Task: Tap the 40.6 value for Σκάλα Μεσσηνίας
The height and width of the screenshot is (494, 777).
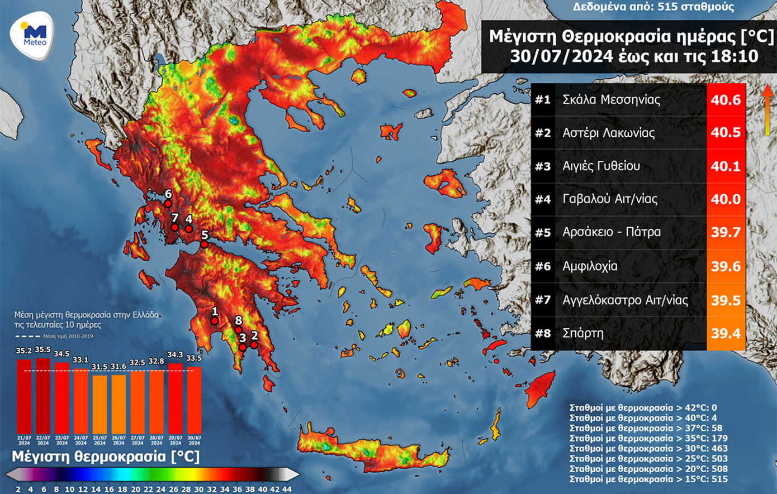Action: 726,100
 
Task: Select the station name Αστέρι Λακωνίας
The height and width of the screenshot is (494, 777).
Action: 608,133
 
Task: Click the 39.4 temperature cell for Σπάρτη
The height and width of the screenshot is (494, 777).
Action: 726,333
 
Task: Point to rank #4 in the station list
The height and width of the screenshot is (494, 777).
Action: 543,199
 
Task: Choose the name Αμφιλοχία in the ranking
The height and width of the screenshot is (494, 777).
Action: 590,266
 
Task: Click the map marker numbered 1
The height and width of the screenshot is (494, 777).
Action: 215,321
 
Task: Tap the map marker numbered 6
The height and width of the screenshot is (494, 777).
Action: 168,204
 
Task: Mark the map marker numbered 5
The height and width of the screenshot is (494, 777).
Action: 205,244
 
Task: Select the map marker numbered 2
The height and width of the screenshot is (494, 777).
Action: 254,345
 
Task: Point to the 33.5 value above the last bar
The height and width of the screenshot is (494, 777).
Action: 194,358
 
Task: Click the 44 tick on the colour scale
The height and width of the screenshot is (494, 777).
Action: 287,489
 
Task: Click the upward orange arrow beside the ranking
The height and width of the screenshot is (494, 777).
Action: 768,109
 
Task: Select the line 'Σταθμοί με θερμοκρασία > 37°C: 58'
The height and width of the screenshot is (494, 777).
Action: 641,428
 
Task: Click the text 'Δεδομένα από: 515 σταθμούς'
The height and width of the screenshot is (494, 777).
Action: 653,7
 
